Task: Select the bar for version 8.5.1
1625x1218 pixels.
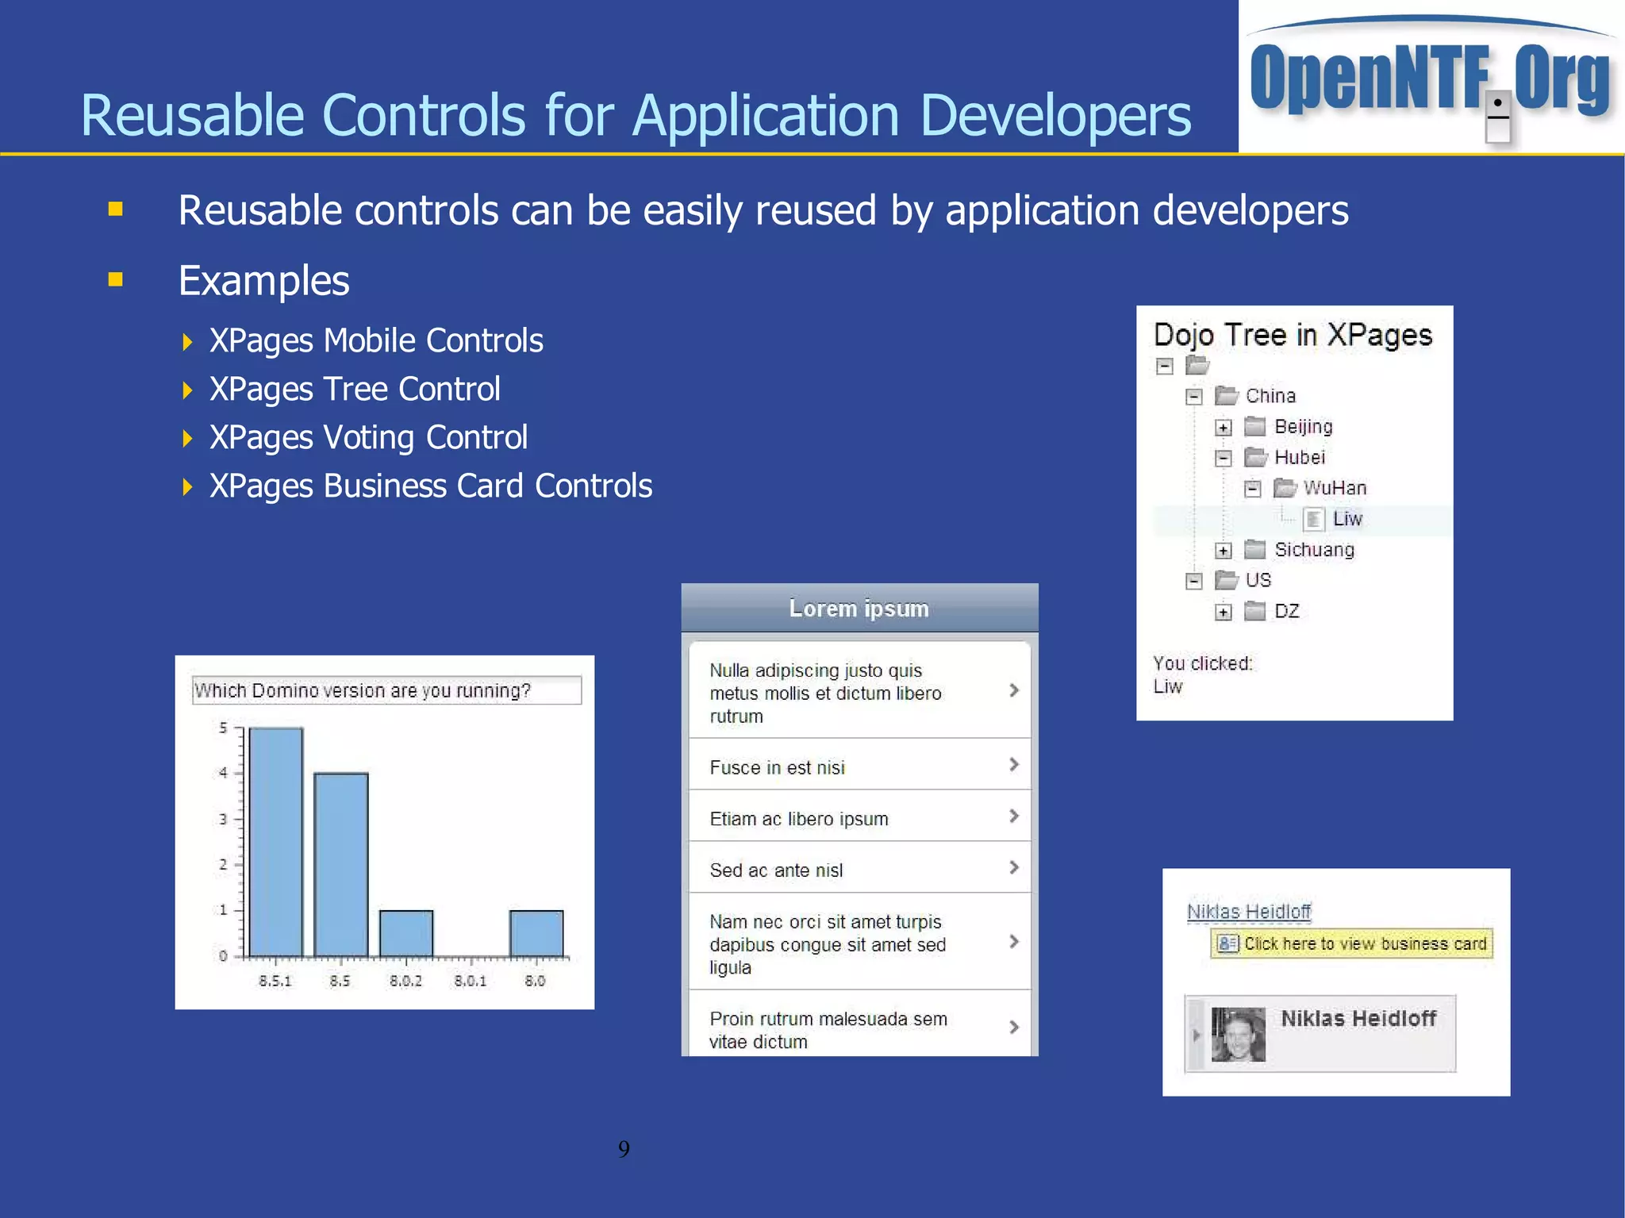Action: pyautogui.click(x=275, y=841)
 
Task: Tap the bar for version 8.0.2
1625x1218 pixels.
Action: pyautogui.click(x=406, y=933)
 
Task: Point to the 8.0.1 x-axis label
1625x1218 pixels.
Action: pyautogui.click(x=471, y=982)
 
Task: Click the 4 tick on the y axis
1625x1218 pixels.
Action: pyautogui.click(x=224, y=773)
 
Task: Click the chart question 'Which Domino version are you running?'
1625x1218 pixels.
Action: pyautogui.click(x=363, y=690)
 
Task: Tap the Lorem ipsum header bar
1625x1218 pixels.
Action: pyautogui.click(x=859, y=609)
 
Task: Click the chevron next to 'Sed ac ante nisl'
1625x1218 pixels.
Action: pyautogui.click(x=1013, y=867)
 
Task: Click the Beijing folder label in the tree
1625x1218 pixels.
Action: pyautogui.click(x=1303, y=427)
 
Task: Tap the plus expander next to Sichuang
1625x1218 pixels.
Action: pyautogui.click(x=1224, y=551)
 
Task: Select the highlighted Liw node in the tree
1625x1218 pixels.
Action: pyautogui.click(x=1346, y=519)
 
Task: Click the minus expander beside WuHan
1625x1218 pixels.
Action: pyautogui.click(x=1252, y=489)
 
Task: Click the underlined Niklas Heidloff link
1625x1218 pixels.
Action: pyautogui.click(x=1249, y=912)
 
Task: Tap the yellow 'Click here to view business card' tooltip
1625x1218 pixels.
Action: pyautogui.click(x=1352, y=943)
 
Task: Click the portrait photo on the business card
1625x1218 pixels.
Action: pyautogui.click(x=1238, y=1034)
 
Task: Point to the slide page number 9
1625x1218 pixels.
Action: pyautogui.click(x=624, y=1149)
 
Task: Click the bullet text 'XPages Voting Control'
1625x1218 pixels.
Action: pyautogui.click(x=368, y=437)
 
